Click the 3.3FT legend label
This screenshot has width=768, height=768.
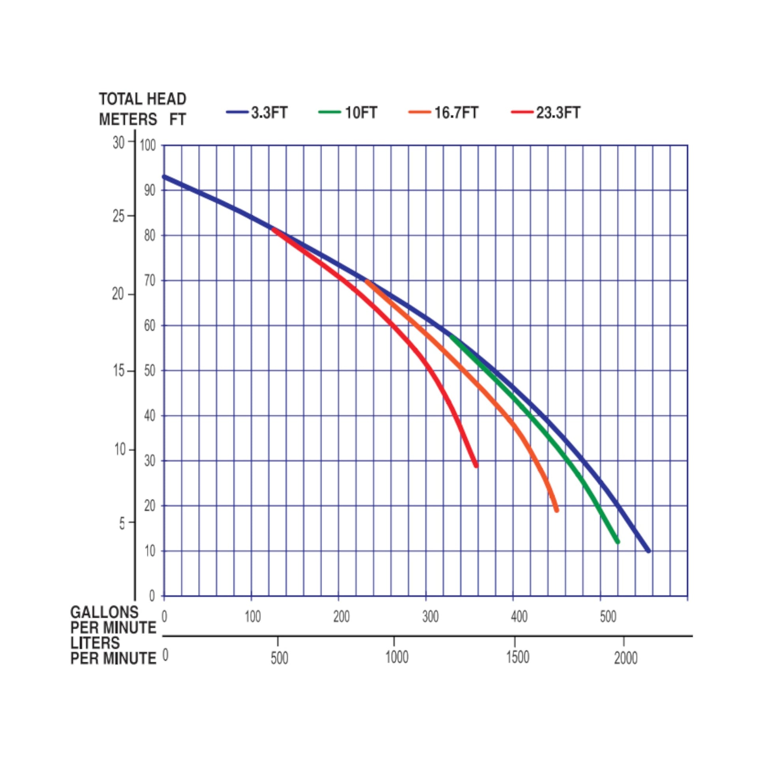tap(269, 113)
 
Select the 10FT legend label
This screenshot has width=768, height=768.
tap(361, 113)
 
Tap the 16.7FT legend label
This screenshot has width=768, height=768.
tap(456, 113)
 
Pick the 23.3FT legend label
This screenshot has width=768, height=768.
tap(558, 113)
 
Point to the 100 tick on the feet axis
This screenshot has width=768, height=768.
tap(148, 146)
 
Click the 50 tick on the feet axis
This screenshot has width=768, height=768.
tap(150, 371)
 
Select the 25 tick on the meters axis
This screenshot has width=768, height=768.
tap(118, 216)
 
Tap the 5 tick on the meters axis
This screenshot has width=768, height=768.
tap(122, 523)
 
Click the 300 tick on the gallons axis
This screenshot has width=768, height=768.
tap(430, 617)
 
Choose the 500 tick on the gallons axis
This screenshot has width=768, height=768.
tap(608, 617)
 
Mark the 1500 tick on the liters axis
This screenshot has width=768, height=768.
tap(517, 658)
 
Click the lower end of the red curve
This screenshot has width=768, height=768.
tap(476, 465)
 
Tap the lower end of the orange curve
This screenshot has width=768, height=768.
tap(556, 510)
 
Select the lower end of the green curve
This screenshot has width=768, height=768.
tap(618, 542)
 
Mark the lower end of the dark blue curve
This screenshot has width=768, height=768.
tap(649, 551)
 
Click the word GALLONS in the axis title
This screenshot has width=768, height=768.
tap(104, 612)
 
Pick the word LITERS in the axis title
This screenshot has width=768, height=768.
tap(95, 643)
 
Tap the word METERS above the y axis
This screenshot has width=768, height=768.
tap(128, 119)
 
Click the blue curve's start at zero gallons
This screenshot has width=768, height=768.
tap(164, 176)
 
